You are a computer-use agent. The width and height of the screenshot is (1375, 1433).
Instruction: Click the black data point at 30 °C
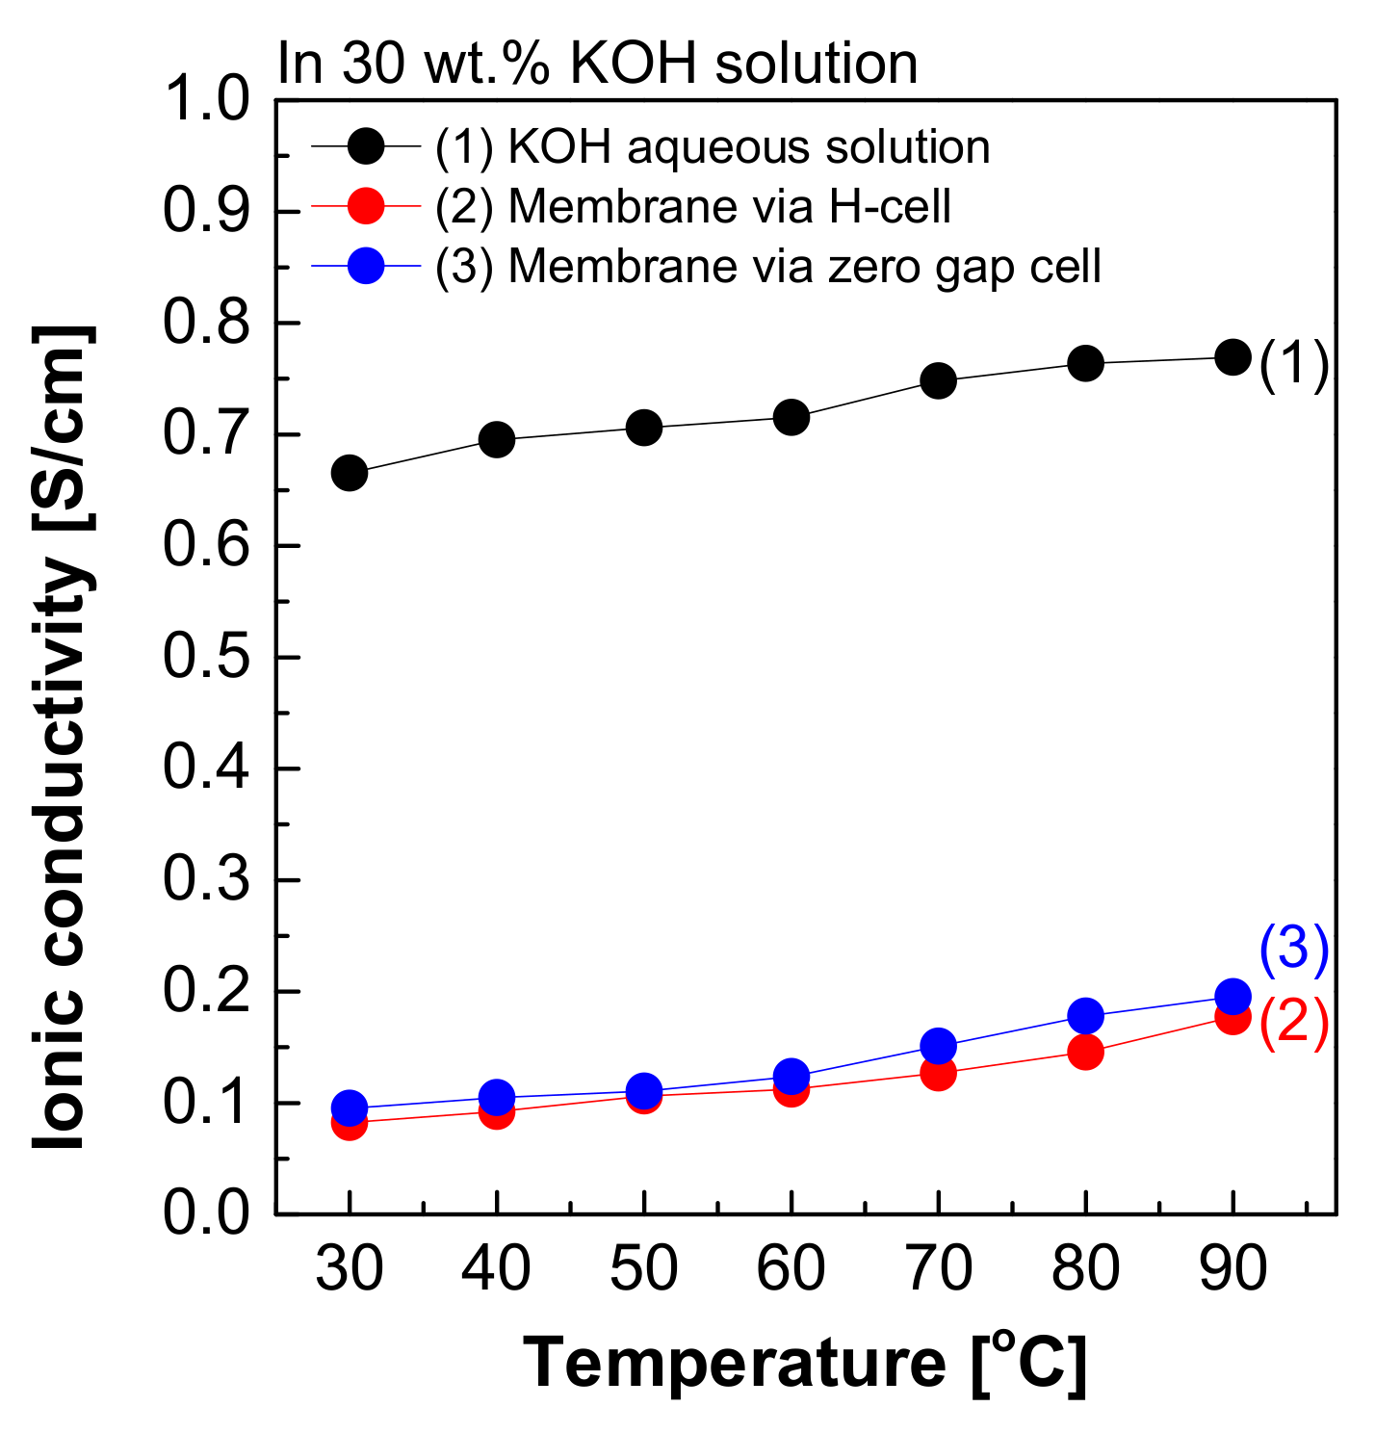(x=349, y=473)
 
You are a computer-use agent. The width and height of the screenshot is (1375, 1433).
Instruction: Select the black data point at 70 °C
(x=938, y=380)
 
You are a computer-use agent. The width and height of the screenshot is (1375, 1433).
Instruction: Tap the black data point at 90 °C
(x=1232, y=357)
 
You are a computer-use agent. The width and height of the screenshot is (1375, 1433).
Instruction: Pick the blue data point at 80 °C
(x=1085, y=1016)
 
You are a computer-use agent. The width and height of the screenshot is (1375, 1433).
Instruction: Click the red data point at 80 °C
(x=1085, y=1052)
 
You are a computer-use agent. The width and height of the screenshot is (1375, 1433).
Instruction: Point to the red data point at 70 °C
(x=938, y=1073)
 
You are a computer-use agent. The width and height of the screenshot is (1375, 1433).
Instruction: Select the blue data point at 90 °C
(x=1232, y=996)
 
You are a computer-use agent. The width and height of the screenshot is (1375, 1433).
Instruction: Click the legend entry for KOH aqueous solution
(x=713, y=147)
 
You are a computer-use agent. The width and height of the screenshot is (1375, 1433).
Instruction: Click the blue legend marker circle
(x=366, y=266)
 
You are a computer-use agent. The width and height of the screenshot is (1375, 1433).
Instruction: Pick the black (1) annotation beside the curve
(x=1294, y=366)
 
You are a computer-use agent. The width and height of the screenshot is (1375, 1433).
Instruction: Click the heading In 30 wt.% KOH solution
(x=597, y=64)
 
